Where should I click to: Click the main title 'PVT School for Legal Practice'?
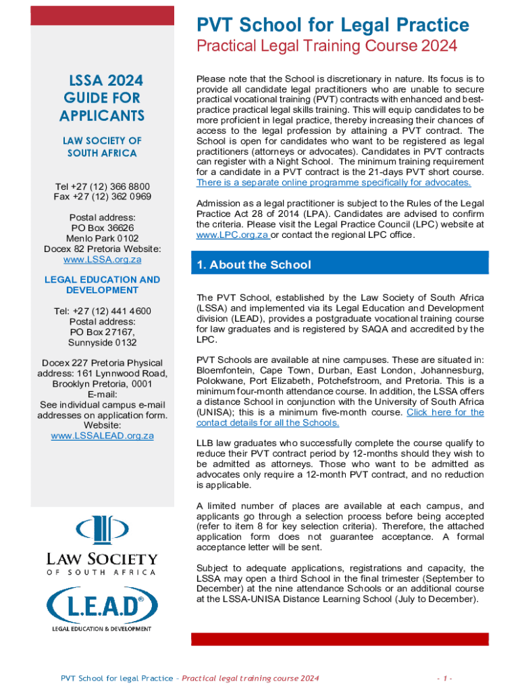click(332, 26)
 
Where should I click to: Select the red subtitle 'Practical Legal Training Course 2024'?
click(326, 46)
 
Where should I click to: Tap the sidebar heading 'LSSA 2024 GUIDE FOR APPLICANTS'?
click(102, 99)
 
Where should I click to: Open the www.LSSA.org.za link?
click(102, 259)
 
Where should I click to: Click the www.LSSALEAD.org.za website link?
click(102, 435)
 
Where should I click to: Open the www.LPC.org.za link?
click(232, 234)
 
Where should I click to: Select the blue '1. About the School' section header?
click(254, 265)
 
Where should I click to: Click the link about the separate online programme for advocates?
click(334, 182)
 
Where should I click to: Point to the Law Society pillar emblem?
click(102, 530)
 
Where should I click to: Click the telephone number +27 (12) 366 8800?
click(102, 186)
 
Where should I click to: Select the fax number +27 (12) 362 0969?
click(102, 197)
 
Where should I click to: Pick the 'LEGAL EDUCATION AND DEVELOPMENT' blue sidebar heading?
click(102, 285)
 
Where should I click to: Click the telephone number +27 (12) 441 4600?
click(102, 311)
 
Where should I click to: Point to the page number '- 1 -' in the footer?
click(444, 678)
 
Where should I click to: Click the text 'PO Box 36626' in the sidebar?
click(102, 228)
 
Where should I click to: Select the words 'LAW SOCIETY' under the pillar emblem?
click(102, 559)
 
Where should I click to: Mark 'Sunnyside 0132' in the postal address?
click(102, 343)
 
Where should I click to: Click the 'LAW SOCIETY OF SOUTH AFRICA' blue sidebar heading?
click(102, 147)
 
